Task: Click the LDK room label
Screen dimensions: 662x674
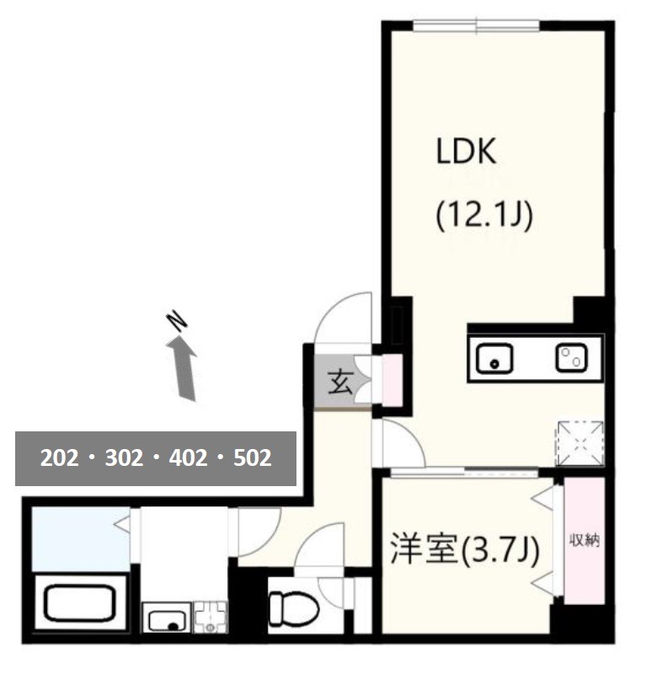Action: [x=466, y=151]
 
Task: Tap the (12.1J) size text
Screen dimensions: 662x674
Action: [x=484, y=215]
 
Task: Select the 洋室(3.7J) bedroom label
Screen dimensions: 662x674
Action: [x=464, y=550]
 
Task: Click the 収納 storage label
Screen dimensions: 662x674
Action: [x=585, y=540]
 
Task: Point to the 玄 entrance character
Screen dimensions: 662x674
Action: [x=340, y=382]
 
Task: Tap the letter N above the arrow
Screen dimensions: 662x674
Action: [x=177, y=322]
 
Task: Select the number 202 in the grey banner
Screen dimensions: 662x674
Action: [x=59, y=458]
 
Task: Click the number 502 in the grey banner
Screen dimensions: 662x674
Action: [x=253, y=458]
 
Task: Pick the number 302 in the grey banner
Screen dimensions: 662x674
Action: [x=124, y=458]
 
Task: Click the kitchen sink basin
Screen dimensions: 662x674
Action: [x=494, y=358]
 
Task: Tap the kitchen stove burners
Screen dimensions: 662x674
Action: [x=571, y=357]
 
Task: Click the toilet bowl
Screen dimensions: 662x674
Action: [x=293, y=608]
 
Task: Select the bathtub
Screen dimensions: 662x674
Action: [x=80, y=603]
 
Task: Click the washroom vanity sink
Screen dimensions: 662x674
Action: [x=167, y=617]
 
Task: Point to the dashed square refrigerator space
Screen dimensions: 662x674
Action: [x=580, y=444]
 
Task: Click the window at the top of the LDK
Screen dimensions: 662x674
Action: [x=477, y=26]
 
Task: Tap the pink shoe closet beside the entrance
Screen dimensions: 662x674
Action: [x=392, y=380]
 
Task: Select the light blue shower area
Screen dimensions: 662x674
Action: [x=81, y=539]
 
